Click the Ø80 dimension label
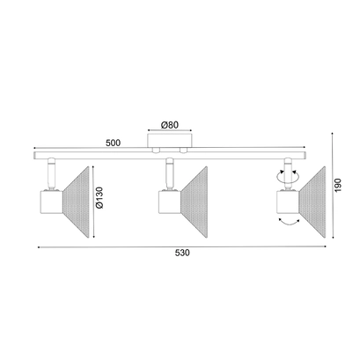(170, 125)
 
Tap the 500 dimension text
(113, 143)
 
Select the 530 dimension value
(182, 253)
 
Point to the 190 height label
(338, 185)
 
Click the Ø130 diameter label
(99, 197)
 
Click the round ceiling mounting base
(170, 140)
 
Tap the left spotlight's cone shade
(76, 202)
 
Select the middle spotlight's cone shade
(195, 202)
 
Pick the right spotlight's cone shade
(312, 202)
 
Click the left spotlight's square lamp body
(51, 202)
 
